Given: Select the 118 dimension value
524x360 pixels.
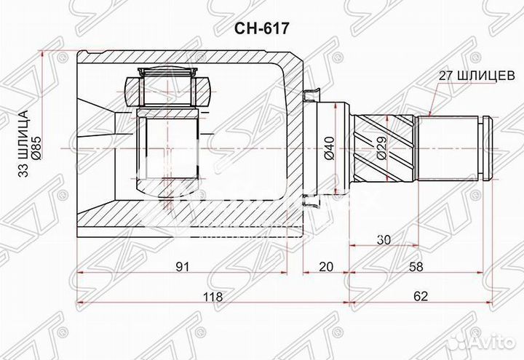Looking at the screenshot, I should coord(213,298).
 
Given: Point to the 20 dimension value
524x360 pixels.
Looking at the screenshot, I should coord(325,267).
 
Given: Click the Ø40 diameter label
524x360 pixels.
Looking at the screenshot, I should coord(328,148).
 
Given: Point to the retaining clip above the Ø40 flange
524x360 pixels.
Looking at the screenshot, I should coord(315,94).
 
